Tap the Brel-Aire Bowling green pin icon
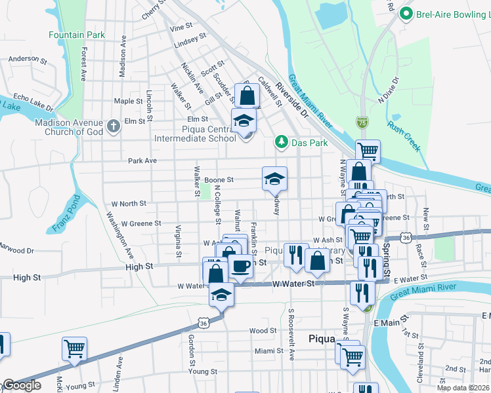[x=406, y=12]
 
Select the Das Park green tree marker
[x=281, y=141]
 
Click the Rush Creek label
[x=403, y=135]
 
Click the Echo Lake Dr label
[x=32, y=100]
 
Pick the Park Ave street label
[x=142, y=160]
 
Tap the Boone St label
[x=219, y=179]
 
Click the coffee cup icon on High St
[x=241, y=265]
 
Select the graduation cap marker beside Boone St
[x=274, y=179]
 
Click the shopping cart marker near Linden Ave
[x=74, y=348]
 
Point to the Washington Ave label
[x=119, y=234]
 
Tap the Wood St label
[x=263, y=331]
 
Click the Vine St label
[x=181, y=27]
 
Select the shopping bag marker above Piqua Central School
[x=247, y=97]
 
